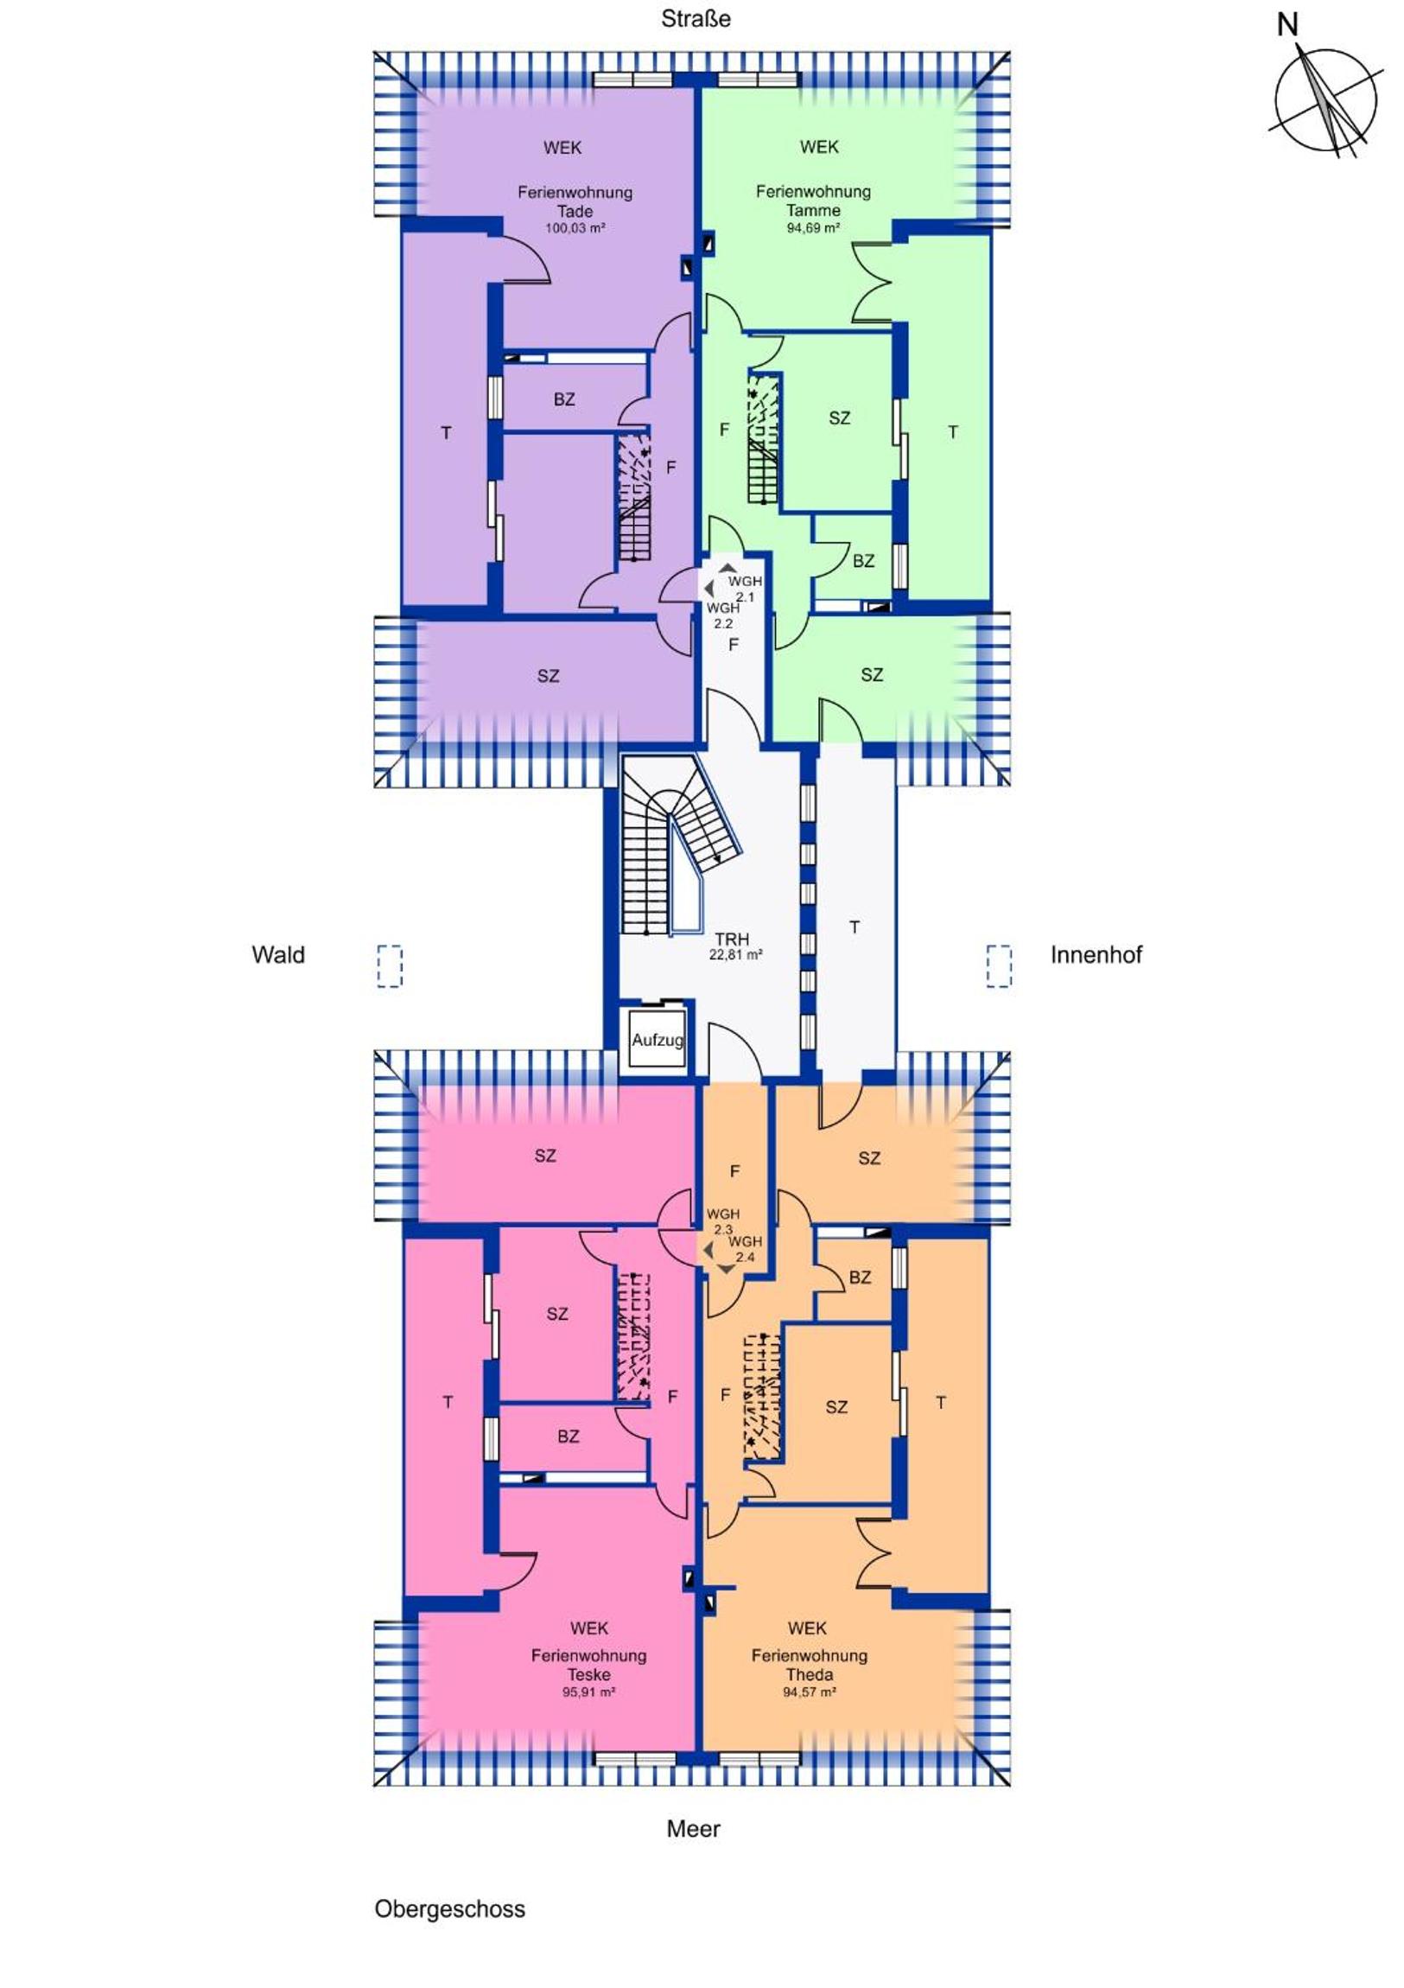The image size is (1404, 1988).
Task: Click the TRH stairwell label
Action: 732,939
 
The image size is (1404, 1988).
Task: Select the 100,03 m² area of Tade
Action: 575,228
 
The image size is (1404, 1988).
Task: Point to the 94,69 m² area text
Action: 813,228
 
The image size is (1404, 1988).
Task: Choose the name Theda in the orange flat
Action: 810,1674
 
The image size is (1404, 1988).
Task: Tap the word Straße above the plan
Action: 696,19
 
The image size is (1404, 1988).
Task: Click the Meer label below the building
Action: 693,1829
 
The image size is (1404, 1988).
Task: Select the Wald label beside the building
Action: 278,955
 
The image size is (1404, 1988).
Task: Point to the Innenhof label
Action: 1096,955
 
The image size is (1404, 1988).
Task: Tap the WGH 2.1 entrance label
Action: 745,589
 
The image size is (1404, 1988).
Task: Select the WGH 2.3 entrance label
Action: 722,1221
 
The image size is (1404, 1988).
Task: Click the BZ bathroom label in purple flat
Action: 564,400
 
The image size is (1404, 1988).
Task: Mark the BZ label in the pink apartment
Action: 568,1437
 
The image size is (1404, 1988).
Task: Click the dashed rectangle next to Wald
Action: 390,965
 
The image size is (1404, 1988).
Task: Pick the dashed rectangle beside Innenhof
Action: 999,965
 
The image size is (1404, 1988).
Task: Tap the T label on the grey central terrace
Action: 854,927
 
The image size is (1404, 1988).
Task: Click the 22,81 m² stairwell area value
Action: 736,956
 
